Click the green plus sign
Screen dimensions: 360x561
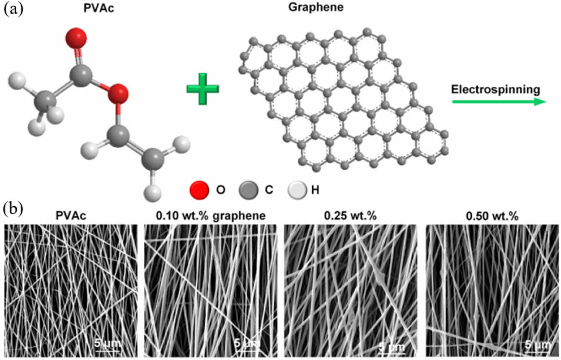point(202,88)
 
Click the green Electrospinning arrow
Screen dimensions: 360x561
point(498,101)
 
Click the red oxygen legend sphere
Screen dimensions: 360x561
point(199,190)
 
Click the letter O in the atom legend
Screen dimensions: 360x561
point(221,190)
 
